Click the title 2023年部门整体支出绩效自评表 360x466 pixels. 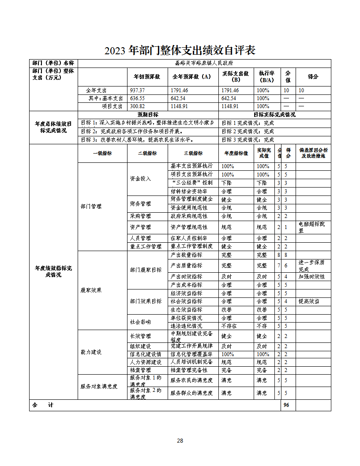coord(180,50)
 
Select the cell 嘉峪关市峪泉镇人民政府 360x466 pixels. coord(204,63)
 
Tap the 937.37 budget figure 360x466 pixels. coord(137,90)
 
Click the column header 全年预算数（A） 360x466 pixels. coord(191,76)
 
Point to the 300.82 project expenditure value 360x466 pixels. coord(137,106)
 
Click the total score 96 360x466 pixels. coord(286,405)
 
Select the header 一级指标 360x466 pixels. coord(102,153)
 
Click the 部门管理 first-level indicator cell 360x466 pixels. coord(91,207)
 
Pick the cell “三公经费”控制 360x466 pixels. coord(191,183)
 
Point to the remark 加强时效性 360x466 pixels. coord(311,277)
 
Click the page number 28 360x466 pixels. coord(180,441)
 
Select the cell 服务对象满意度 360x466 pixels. coord(99,387)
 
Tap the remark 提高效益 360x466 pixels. coord(309,301)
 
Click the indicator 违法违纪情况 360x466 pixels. coord(186,326)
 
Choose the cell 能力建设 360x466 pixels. coord(91,352)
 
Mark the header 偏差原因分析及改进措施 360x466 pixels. coord(313,153)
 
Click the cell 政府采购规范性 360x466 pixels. coord(189,216)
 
